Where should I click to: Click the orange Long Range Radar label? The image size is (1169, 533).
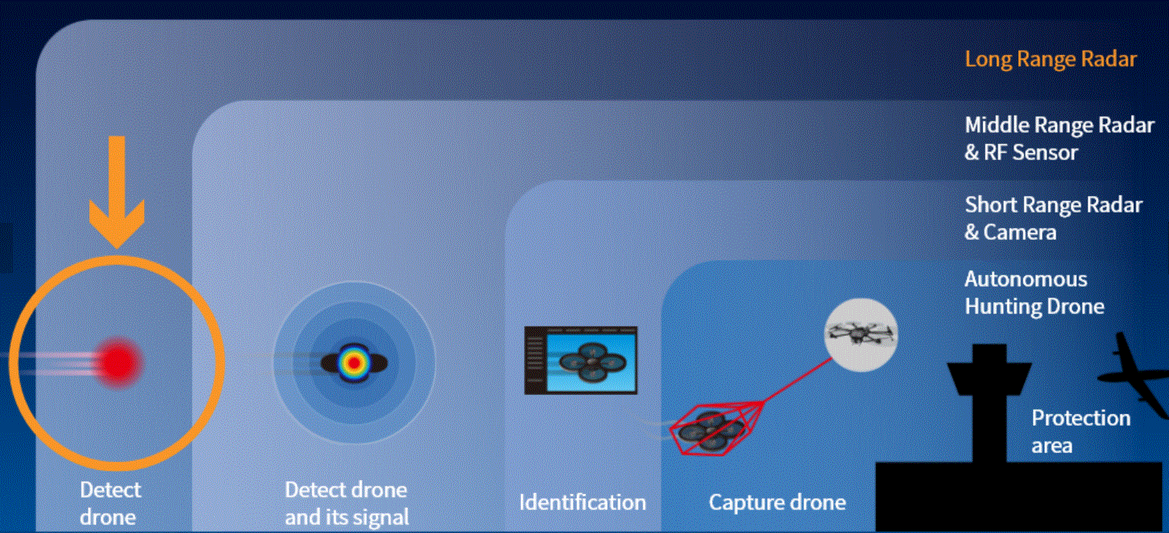[1050, 59]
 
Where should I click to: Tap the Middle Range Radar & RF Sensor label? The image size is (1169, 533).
[1059, 139]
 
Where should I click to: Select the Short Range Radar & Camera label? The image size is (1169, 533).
[1054, 219]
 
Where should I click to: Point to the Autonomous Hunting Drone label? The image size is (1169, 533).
[1034, 293]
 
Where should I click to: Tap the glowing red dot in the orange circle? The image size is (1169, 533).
[119, 362]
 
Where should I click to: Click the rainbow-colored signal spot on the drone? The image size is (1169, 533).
[354, 363]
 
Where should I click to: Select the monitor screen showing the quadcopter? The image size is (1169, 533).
[581, 360]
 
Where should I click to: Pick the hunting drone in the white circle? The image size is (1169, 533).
[861, 334]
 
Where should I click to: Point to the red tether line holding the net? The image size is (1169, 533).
[797, 380]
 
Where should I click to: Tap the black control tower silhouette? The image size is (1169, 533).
[989, 403]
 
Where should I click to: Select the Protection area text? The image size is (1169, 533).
[1081, 432]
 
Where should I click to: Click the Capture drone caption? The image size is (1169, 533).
[777, 503]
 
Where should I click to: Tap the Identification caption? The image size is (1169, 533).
[583, 503]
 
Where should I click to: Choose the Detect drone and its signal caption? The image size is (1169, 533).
[347, 503]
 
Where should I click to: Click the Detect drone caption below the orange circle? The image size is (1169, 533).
[110, 503]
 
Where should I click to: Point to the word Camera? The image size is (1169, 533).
[1020, 231]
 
